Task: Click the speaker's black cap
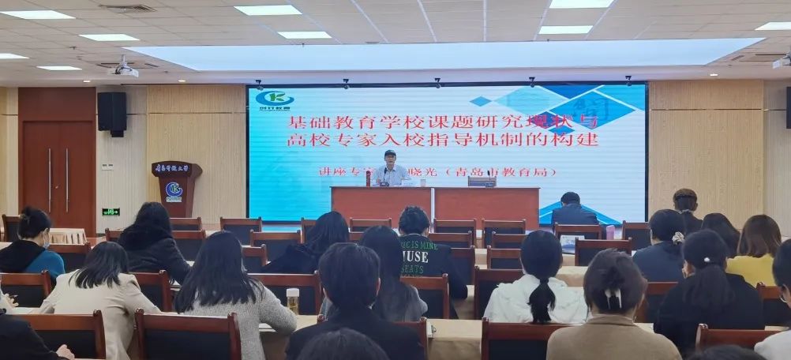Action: pyautogui.click(x=389, y=153)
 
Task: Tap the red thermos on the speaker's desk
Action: pyautogui.click(x=368, y=178)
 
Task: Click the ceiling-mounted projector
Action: pyautogui.click(x=122, y=70)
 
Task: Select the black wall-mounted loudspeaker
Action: pyautogui.click(x=111, y=111)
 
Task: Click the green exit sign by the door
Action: pyautogui.click(x=111, y=212)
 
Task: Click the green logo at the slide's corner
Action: pyautogui.click(x=274, y=99)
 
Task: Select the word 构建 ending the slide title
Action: pyautogui.click(x=580, y=140)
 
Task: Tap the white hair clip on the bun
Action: pyautogui.click(x=613, y=297)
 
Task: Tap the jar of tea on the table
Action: pyautogui.click(x=293, y=301)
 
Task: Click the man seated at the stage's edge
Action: pyautogui.click(x=573, y=210)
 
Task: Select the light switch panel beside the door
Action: pyautogui.click(x=107, y=166)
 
